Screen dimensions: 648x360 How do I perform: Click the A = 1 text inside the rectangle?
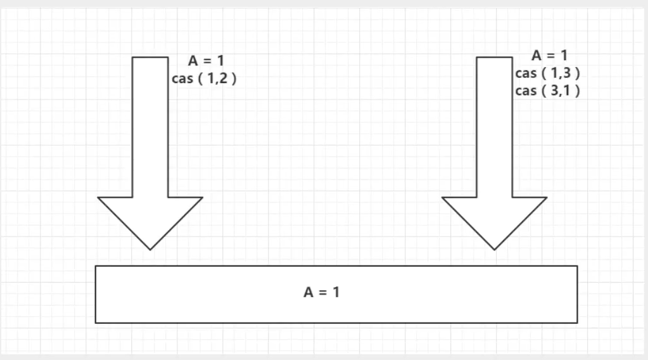click(322, 293)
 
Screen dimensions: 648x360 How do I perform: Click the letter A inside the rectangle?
click(309, 293)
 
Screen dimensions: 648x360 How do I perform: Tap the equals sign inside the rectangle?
click(323, 293)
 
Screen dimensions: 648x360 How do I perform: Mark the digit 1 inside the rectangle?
click(336, 293)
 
